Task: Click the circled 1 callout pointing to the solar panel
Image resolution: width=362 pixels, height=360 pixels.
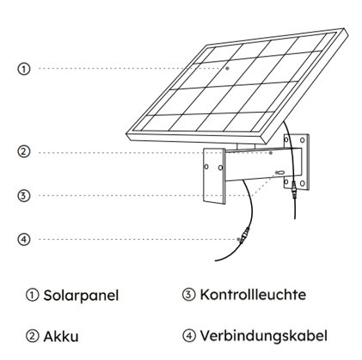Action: [24, 69]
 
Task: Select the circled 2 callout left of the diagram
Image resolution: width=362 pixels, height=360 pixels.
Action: [24, 151]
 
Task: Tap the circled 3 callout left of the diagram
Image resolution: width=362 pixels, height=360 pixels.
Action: [24, 196]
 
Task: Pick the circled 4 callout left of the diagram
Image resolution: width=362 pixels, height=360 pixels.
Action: [24, 239]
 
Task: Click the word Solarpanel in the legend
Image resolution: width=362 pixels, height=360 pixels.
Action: [81, 296]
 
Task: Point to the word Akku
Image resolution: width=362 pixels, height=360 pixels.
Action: [61, 336]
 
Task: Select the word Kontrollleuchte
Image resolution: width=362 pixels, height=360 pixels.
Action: [253, 295]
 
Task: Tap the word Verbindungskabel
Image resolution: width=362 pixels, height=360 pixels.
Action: [263, 336]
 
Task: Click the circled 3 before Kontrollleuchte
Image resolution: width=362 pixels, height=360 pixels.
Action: [188, 295]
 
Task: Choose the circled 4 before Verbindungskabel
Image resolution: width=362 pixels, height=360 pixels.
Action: [188, 335]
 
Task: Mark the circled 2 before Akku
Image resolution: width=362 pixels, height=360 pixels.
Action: [32, 336]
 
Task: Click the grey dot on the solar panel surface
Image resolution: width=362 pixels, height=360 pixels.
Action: [227, 69]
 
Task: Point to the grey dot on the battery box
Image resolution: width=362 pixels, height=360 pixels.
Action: [271, 153]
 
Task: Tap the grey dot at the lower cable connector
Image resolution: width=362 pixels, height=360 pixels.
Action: [238, 239]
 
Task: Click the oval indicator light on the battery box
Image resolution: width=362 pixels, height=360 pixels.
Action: [281, 173]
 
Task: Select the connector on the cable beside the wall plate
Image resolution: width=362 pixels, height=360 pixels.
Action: [293, 189]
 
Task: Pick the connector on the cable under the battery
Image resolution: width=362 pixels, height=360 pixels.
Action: [244, 235]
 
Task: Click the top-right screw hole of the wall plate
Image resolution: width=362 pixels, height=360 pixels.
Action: [302, 140]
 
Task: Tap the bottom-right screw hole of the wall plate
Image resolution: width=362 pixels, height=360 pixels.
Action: [302, 183]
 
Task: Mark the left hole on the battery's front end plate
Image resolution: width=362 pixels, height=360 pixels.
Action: [206, 167]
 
